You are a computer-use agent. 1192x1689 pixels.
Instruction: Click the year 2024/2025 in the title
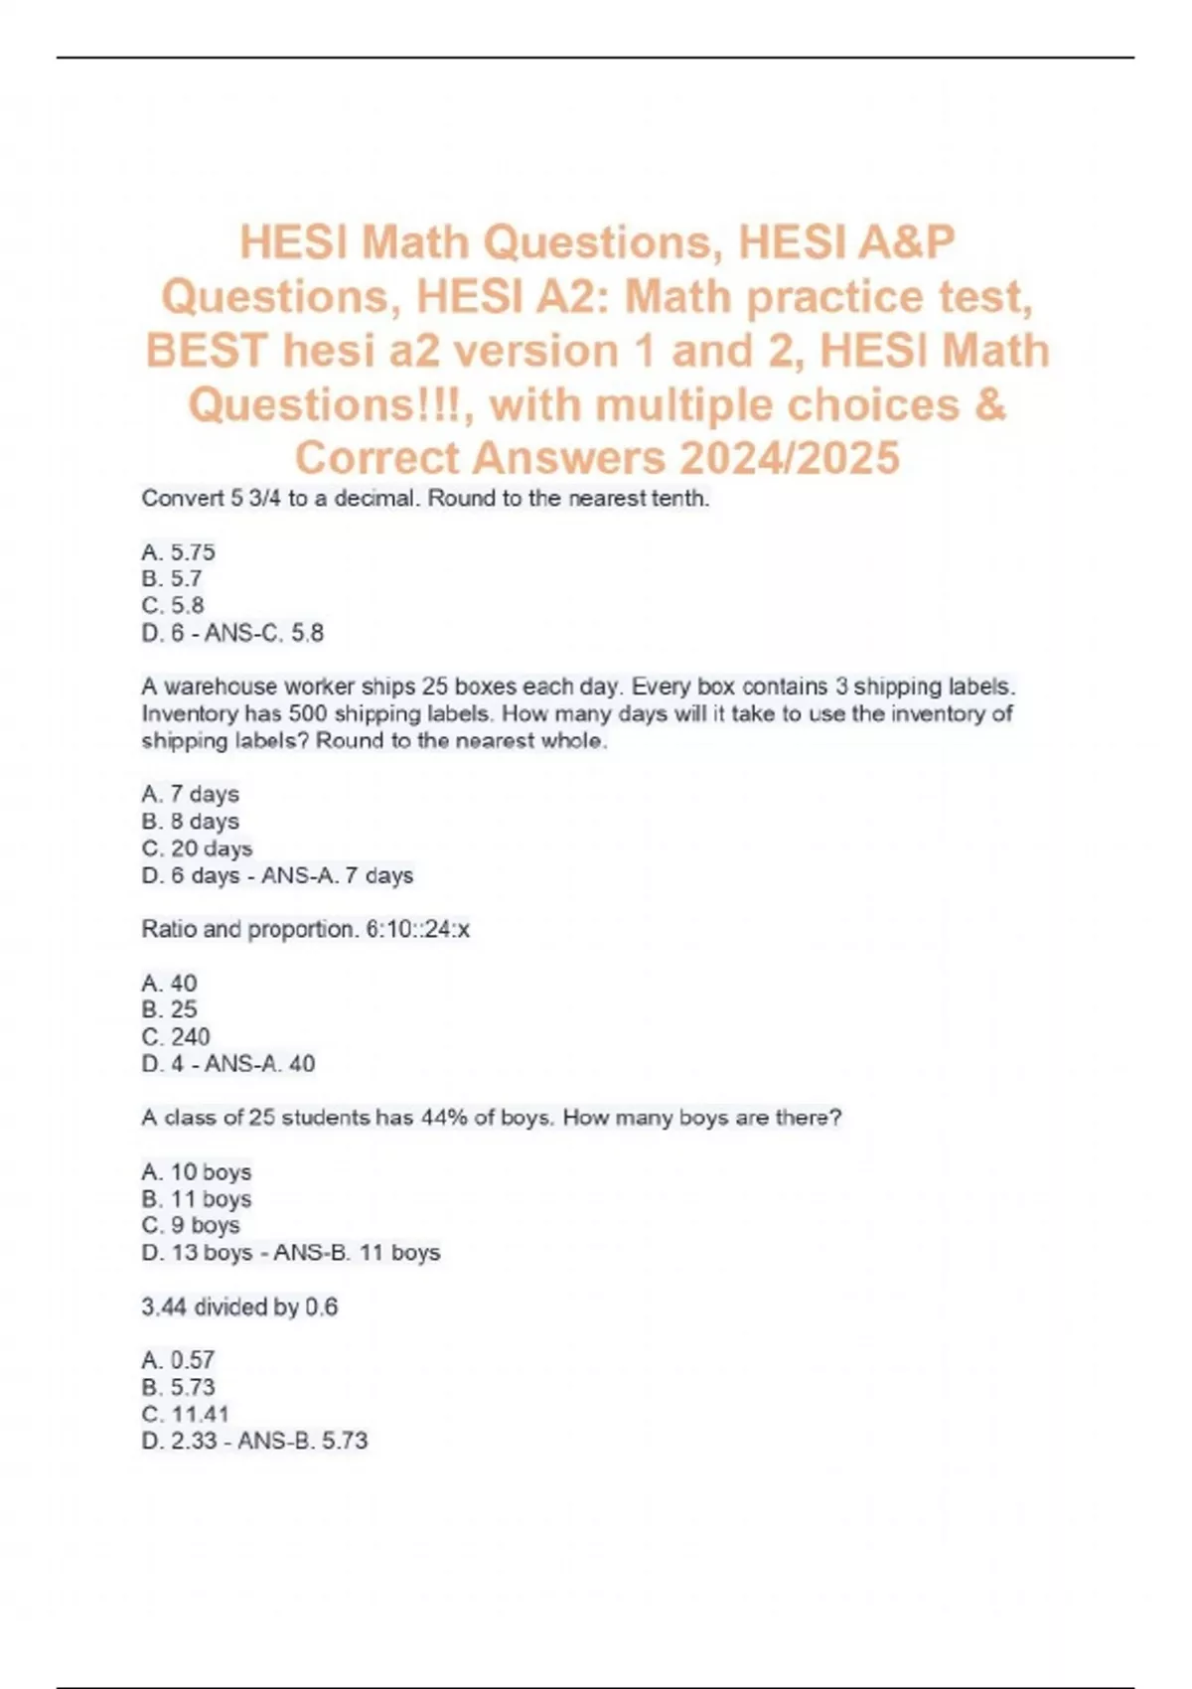point(790,458)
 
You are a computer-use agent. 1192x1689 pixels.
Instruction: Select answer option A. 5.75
point(179,552)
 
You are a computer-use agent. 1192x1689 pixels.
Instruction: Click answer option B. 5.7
point(173,579)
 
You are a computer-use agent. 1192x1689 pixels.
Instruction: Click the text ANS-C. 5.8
point(264,633)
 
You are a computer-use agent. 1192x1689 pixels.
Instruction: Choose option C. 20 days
point(198,848)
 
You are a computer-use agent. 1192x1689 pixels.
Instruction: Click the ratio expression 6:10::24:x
point(417,930)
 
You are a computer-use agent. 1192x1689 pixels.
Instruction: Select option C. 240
point(176,1037)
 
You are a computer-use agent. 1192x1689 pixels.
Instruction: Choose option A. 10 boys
point(197,1172)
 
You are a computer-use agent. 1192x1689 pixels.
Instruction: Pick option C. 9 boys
point(191,1226)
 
